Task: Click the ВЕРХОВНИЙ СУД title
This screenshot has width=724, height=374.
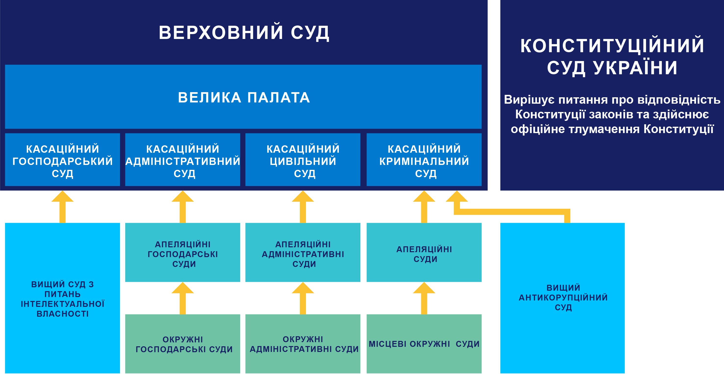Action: [244, 33]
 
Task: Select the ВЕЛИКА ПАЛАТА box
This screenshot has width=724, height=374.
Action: [244, 97]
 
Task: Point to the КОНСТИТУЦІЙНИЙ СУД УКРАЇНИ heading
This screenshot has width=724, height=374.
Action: [612, 56]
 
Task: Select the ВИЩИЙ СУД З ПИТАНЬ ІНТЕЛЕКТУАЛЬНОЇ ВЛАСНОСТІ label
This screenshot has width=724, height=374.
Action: [62, 299]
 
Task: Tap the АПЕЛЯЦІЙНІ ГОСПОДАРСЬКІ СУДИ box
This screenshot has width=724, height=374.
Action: [183, 254]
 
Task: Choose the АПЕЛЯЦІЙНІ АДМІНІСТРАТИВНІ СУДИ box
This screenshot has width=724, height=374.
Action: [303, 254]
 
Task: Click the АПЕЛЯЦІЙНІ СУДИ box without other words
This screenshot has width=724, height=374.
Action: [424, 254]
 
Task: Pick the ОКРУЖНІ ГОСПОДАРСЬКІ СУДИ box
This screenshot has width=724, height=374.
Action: [183, 344]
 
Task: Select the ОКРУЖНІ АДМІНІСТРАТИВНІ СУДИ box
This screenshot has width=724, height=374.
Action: [303, 344]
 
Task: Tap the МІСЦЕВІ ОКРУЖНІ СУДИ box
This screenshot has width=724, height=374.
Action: [424, 344]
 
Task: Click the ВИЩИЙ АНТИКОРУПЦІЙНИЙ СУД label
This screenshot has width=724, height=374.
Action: [563, 297]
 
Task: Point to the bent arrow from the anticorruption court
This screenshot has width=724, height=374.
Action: [511, 212]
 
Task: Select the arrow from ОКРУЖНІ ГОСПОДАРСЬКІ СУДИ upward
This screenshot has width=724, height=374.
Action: [183, 299]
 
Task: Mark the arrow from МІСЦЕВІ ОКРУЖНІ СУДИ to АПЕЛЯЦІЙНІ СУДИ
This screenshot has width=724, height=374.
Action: [424, 299]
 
